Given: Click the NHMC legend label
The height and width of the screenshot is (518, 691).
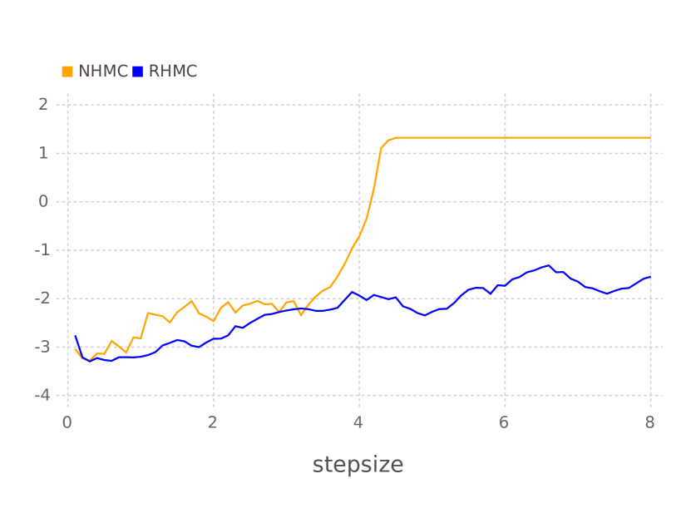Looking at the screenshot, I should coord(103,72).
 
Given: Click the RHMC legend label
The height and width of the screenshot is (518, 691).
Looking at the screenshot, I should coord(173,72).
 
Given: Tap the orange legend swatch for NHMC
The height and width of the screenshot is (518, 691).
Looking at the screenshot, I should coord(67,72).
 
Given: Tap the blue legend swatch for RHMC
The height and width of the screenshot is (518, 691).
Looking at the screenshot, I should coord(138,72).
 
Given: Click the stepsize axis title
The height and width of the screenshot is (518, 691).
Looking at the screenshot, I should coord(358,465).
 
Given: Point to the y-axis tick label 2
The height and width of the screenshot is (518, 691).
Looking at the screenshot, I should coord(42,104).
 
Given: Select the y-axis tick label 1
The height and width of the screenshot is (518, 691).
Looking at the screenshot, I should coord(42,153).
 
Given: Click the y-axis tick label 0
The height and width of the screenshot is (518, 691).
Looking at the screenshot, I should coord(42,201).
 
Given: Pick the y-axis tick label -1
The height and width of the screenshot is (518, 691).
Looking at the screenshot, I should coord(40,250).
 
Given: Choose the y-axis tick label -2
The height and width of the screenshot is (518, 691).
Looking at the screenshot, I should coord(40,298).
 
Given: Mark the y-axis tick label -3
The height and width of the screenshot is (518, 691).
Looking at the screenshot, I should coord(40,347).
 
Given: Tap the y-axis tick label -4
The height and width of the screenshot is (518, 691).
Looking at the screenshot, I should coord(40,395).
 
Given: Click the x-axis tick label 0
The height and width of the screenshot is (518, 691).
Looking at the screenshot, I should coord(67,422).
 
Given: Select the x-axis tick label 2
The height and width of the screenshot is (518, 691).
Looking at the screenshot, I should coord(213,422).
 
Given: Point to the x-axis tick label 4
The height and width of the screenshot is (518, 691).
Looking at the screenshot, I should coord(358,422).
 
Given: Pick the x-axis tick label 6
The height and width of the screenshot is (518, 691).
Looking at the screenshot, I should coord(504,422).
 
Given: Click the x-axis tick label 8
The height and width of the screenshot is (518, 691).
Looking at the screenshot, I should coord(649,422).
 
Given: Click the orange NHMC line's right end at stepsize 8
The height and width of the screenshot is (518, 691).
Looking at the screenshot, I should coord(649,138).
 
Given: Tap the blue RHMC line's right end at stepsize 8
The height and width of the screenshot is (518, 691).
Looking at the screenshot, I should coord(649,277).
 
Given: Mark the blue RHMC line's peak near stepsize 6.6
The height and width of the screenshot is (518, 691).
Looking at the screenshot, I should coord(548,265).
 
